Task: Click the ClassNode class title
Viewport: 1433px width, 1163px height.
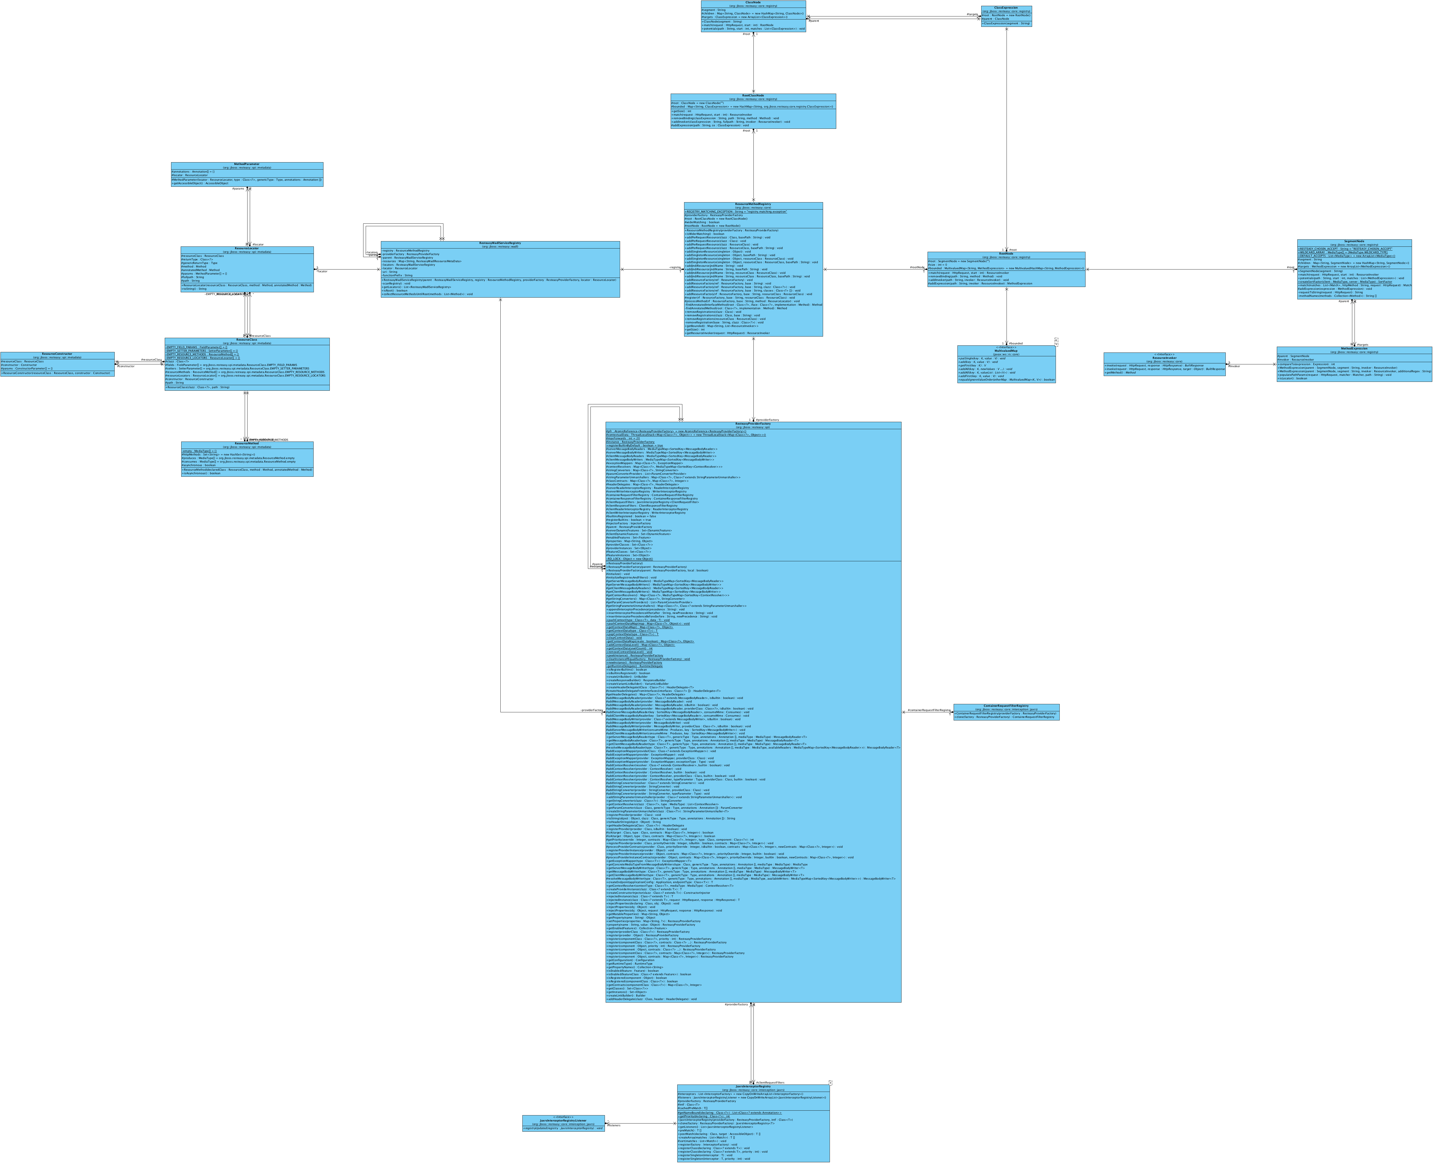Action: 753,2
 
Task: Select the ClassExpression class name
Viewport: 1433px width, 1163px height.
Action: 1006,7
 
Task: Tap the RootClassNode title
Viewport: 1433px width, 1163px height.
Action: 753,95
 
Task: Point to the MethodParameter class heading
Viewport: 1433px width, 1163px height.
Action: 247,163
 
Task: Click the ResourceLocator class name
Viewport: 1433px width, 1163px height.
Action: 247,248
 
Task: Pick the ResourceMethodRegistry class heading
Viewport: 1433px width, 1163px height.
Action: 753,204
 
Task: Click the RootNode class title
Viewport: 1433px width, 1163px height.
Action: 1006,253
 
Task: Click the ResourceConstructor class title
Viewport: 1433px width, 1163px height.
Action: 57,354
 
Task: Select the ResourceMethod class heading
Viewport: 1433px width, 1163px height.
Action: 247,443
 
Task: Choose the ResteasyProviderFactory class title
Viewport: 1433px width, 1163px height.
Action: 753,423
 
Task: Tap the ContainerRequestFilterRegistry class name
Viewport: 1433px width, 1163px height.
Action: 1006,705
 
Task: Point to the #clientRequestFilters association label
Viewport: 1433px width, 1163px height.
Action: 770,1082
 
